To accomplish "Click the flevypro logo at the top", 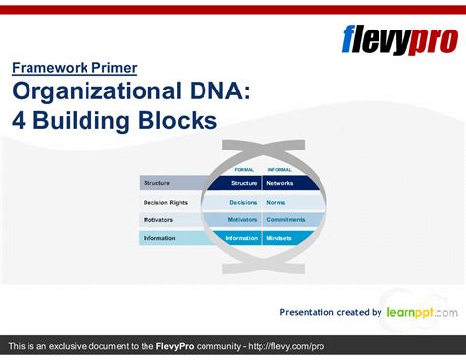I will pos(398,40).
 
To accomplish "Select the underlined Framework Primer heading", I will pos(74,68).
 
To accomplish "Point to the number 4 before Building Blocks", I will pos(21,122).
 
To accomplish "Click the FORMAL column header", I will pos(244,169).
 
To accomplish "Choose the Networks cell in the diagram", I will pos(280,183).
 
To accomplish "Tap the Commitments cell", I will pos(286,219).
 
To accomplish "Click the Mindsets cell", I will pos(281,238).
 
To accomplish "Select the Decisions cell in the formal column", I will pos(243,202).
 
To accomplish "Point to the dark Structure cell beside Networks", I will pos(244,183).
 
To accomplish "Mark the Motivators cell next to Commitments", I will pos(242,219).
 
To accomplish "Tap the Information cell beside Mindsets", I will pos(241,238).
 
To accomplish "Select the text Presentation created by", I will pos(330,312).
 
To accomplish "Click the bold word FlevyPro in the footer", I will pos(179,347).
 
